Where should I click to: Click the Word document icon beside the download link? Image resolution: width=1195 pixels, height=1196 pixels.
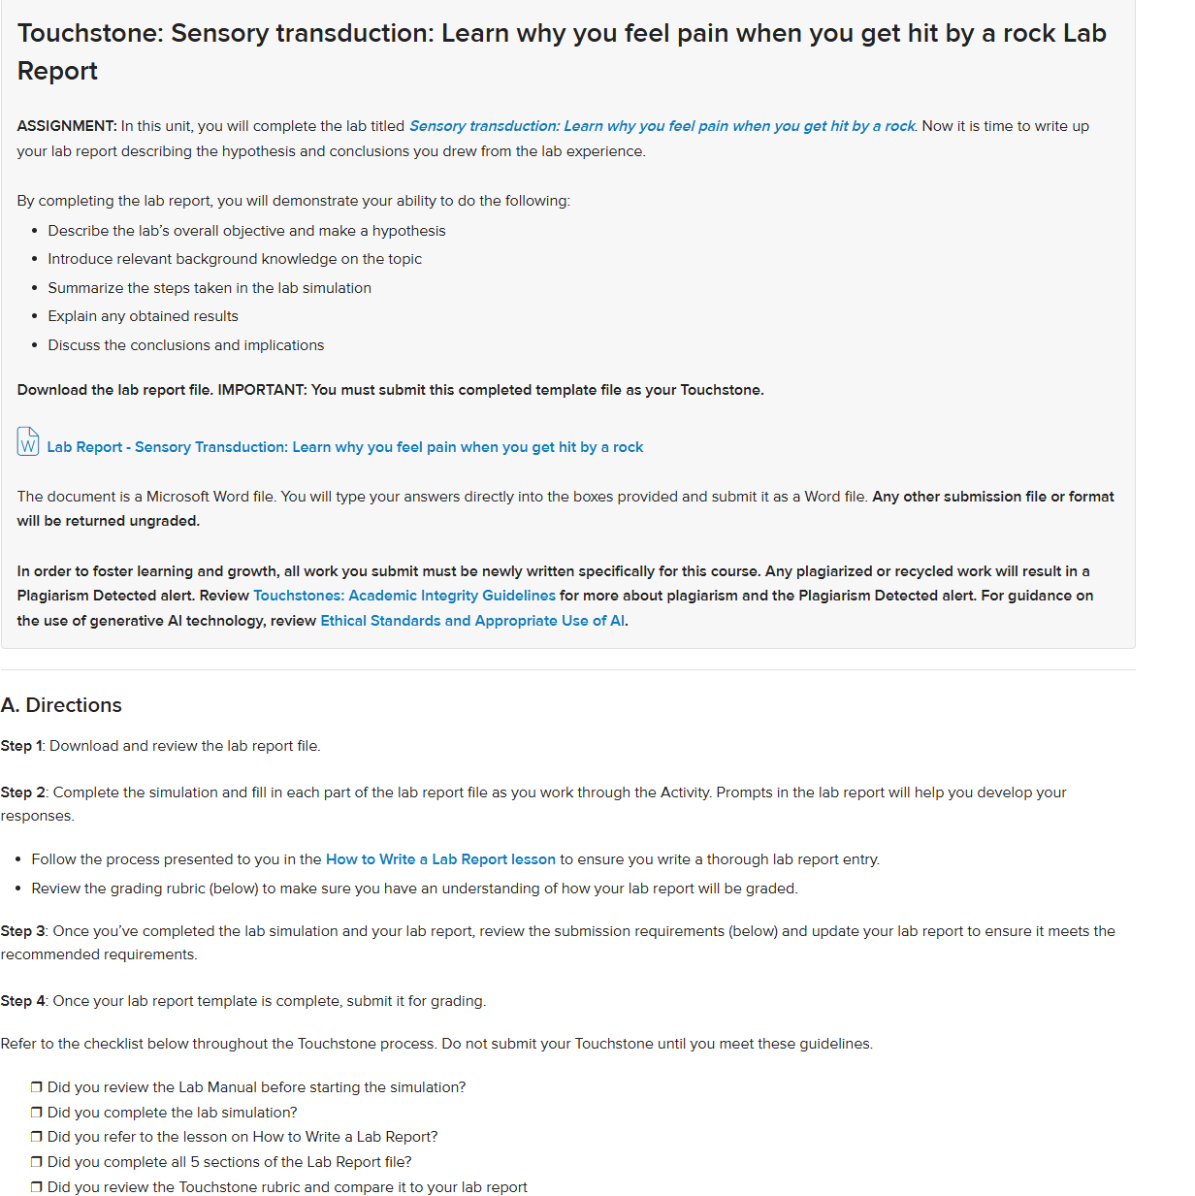(x=28, y=441)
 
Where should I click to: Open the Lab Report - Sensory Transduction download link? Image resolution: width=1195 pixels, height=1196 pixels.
(x=344, y=447)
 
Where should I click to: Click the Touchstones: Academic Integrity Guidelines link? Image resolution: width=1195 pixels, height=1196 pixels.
(x=404, y=596)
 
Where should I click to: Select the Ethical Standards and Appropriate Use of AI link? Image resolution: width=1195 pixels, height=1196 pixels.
(x=472, y=621)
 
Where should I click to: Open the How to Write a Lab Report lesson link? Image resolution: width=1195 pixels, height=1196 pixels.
(x=440, y=859)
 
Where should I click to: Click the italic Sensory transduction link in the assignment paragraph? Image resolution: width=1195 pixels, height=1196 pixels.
(x=662, y=126)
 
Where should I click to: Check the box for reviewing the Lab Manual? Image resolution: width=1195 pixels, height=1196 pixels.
(x=37, y=1087)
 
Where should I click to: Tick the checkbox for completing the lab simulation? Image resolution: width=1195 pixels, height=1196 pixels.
(x=37, y=1113)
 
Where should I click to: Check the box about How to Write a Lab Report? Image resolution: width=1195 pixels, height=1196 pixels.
(x=37, y=1137)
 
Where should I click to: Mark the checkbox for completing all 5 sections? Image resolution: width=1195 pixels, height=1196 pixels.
(x=37, y=1162)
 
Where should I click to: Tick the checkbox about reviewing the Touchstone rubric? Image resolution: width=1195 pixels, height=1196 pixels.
(x=37, y=1187)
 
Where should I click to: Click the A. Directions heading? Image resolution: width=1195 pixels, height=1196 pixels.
(x=61, y=705)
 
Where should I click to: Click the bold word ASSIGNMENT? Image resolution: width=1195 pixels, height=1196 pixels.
(x=66, y=126)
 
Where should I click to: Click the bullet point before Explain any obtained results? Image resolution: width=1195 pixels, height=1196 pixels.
(x=35, y=317)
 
